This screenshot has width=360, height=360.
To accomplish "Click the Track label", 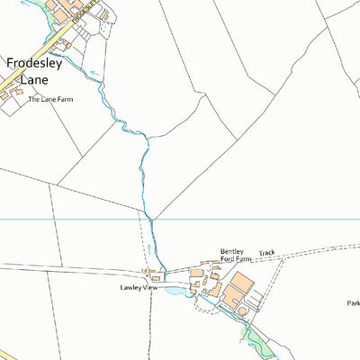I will [x=266, y=254].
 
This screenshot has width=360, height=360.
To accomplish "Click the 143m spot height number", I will [x=148, y=271].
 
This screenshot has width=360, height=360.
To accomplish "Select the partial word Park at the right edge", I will [x=352, y=303].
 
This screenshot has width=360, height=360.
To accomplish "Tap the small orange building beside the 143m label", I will [x=156, y=278].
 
